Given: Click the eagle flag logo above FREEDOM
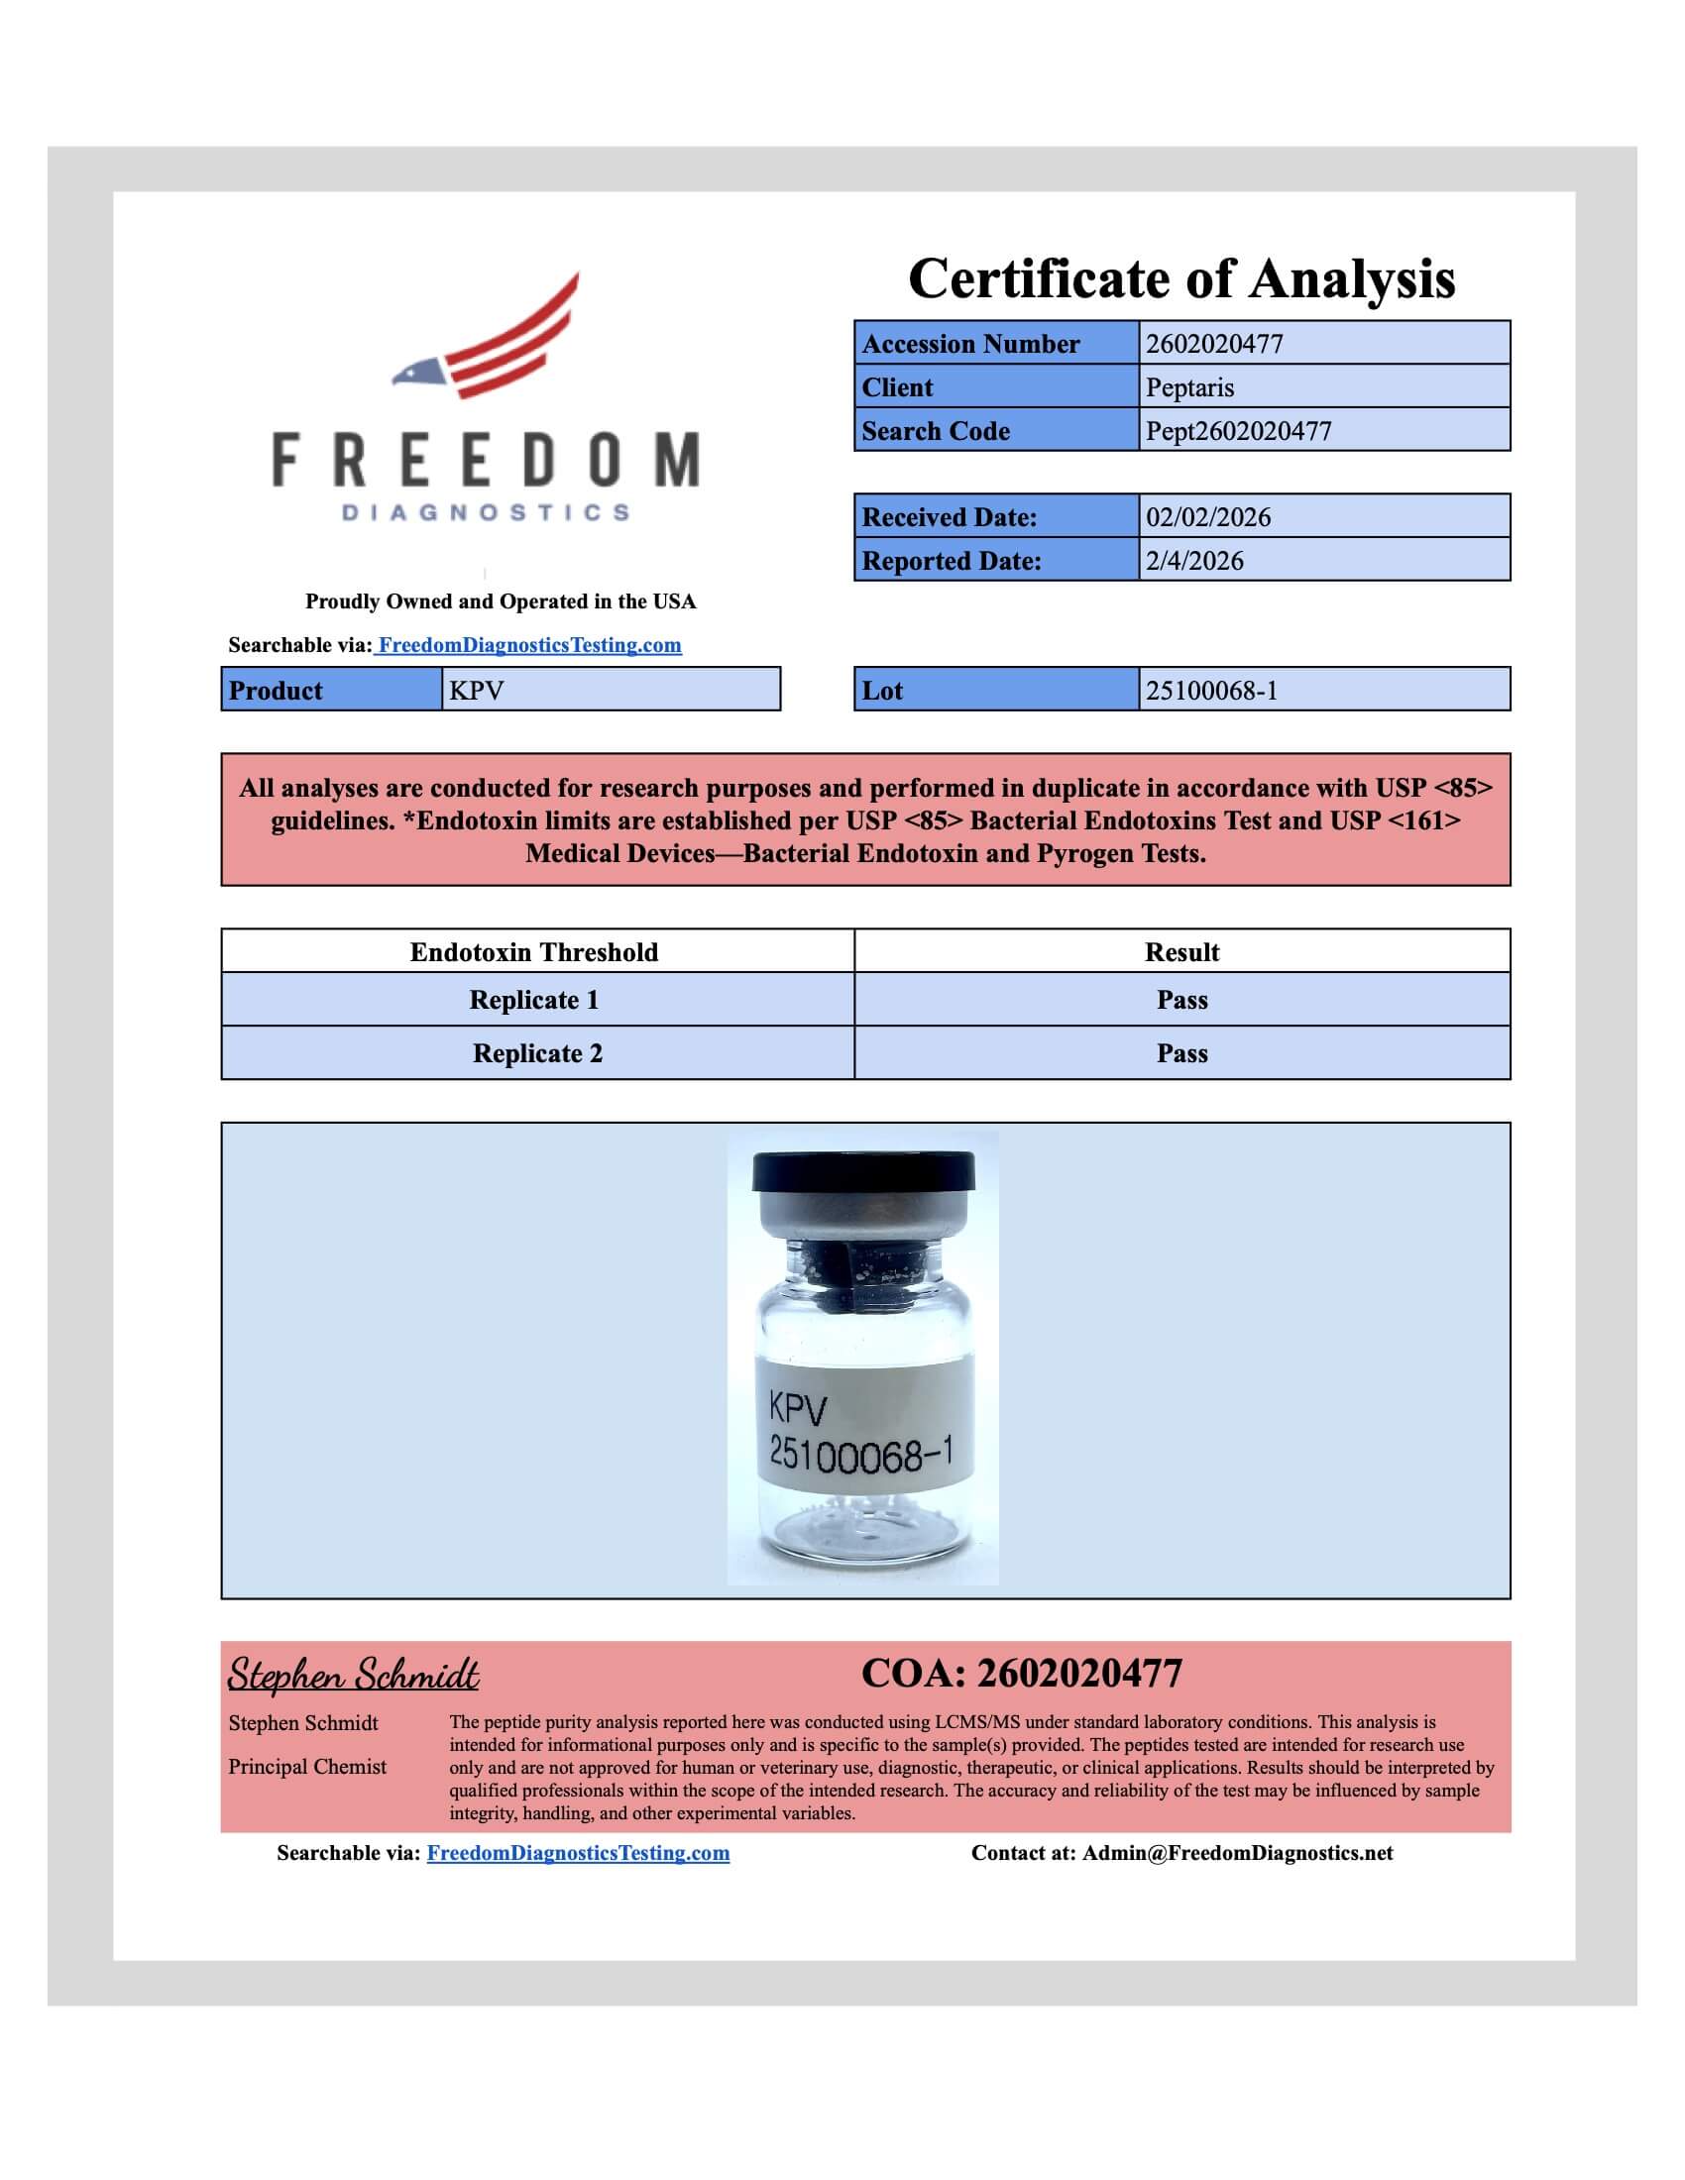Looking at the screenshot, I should click(486, 337).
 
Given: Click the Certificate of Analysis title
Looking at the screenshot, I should click(1180, 278).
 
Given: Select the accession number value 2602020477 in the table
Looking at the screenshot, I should click(1214, 344).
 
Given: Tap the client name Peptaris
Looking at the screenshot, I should click(1188, 387).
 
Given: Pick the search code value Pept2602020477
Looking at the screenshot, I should click(1238, 431).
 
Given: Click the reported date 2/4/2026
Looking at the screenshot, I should click(1194, 561).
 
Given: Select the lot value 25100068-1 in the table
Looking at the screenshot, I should click(1211, 691).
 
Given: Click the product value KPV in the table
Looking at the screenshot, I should click(476, 691).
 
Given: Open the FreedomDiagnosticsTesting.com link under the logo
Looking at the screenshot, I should click(529, 645).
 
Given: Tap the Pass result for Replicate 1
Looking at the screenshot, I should click(1181, 1000).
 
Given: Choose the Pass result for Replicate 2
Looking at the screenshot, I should click(1181, 1054).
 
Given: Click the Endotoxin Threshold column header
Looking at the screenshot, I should click(534, 952).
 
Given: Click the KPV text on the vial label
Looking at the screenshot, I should click(798, 1409).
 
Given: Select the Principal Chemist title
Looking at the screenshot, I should click(306, 1767).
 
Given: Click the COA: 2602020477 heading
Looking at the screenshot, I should click(1021, 1674).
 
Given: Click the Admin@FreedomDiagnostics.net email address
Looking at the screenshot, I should click(1237, 1853).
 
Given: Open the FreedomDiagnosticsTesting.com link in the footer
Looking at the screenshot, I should click(578, 1853).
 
